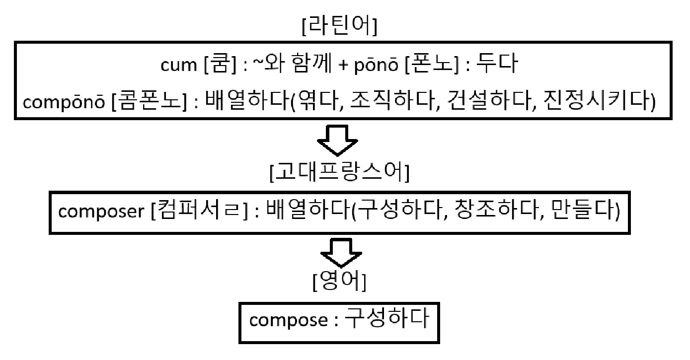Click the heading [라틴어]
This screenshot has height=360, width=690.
pos(339,27)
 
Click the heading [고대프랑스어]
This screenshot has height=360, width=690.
pos(339,174)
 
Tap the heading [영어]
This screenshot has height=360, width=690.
pos(340,283)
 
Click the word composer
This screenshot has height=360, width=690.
pos(100,212)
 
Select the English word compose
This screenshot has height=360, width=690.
pos(287,320)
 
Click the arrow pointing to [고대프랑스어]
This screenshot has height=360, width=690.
pos(339,140)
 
